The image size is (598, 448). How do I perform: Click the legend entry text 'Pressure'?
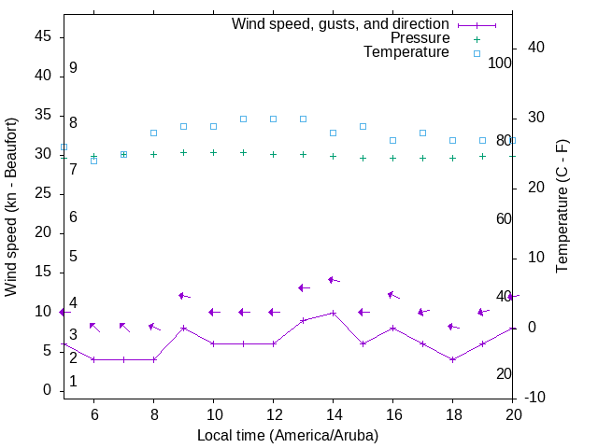(x=420, y=38)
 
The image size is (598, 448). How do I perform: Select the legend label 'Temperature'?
(x=406, y=52)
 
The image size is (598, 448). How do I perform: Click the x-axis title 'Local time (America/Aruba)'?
(x=288, y=435)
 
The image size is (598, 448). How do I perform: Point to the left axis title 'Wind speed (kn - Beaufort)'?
(x=11, y=207)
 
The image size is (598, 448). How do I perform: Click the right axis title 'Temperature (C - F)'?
(x=562, y=207)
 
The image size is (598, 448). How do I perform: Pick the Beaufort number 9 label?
(x=73, y=68)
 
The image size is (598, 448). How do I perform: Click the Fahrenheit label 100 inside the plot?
(x=500, y=63)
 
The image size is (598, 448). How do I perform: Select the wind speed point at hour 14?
(x=333, y=313)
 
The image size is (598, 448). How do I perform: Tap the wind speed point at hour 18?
(x=452, y=359)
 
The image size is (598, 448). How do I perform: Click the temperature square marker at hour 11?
(x=243, y=119)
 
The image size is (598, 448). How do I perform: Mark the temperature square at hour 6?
(x=93, y=161)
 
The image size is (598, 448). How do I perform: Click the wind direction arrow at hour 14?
(x=334, y=280)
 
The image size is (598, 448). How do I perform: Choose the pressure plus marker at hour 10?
(x=213, y=152)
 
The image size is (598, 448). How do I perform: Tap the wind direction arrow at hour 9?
(x=184, y=296)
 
